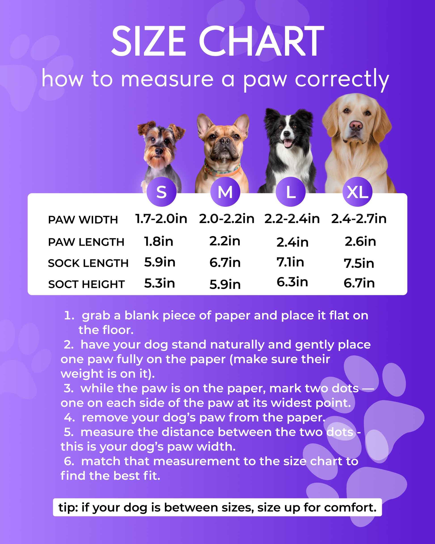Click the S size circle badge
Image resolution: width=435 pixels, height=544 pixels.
coord(161,192)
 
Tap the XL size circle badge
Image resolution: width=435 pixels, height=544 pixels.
coord(357,192)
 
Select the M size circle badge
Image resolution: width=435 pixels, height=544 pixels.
coord(225,192)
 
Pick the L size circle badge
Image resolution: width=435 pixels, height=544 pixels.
coord(291,192)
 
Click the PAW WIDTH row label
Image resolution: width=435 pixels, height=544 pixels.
coord(83,220)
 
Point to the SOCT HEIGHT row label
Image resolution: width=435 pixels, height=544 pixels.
coord(86,284)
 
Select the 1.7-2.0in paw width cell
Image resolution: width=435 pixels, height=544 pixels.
coord(161,218)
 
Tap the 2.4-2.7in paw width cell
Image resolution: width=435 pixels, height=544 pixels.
coord(359,218)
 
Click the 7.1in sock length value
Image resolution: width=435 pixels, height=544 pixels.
coord(290,262)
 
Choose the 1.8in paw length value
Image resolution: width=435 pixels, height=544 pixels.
coord(158,241)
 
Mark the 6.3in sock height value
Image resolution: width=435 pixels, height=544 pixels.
coord(292,282)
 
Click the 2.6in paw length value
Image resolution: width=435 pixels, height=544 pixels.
coord(360,241)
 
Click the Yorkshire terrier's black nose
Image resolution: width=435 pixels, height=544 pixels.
coord(159,151)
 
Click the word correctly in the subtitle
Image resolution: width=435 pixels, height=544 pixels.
coord(342,79)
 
